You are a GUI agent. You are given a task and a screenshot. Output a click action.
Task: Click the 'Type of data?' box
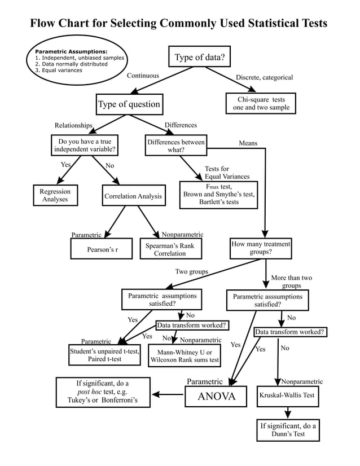coord(199,57)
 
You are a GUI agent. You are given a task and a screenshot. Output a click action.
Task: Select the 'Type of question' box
coord(129,104)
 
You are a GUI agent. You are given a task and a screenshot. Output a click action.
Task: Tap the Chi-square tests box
coord(261,103)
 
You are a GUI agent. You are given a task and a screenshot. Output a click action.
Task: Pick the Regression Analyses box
coord(55,195)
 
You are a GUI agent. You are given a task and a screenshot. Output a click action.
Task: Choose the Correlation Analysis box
coord(133,196)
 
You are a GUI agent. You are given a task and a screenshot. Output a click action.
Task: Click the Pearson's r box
coord(102,249)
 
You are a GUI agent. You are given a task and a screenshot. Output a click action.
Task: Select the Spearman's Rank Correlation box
coord(170,249)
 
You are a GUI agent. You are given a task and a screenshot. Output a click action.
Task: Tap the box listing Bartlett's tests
coord(218,194)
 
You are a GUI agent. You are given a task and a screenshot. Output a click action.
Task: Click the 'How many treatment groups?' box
coord(261,248)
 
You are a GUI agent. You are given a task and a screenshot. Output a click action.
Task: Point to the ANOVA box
coord(216,396)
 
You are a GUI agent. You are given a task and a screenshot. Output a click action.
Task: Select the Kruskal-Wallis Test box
coord(286,395)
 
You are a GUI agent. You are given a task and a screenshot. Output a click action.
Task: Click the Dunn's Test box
coord(288,430)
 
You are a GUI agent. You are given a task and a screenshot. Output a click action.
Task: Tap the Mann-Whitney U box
coord(185,356)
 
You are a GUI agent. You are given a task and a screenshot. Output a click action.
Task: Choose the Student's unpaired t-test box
coord(104,355)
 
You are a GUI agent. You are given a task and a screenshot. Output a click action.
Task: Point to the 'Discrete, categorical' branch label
coord(264,77)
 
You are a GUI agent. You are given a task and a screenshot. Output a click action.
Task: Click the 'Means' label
coord(248,143)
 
